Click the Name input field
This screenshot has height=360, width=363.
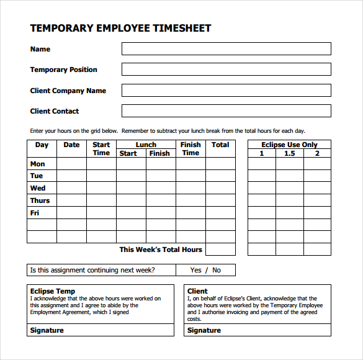point(226,49)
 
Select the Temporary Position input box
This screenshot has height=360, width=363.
point(226,70)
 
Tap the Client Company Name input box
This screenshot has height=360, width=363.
point(226,91)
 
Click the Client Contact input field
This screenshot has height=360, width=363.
point(226,111)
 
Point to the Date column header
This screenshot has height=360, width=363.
point(71,145)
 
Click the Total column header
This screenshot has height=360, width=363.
point(220,145)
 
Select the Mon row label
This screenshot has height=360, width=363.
point(38,164)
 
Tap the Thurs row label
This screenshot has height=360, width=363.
point(40,200)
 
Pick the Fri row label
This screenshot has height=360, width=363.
point(35,213)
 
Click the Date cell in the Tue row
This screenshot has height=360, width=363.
point(71,176)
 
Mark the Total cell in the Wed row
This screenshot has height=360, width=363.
point(220,188)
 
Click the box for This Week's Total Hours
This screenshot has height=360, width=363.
point(220,250)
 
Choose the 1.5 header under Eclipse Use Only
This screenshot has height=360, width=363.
point(289,153)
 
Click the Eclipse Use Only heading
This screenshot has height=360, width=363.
point(289,145)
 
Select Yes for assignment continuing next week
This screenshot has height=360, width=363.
point(196,270)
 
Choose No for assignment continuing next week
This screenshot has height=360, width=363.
point(217,270)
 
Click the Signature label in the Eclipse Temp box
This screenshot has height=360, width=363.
point(47,330)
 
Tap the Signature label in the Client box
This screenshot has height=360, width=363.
point(204,330)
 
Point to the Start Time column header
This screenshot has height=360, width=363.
point(101,149)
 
